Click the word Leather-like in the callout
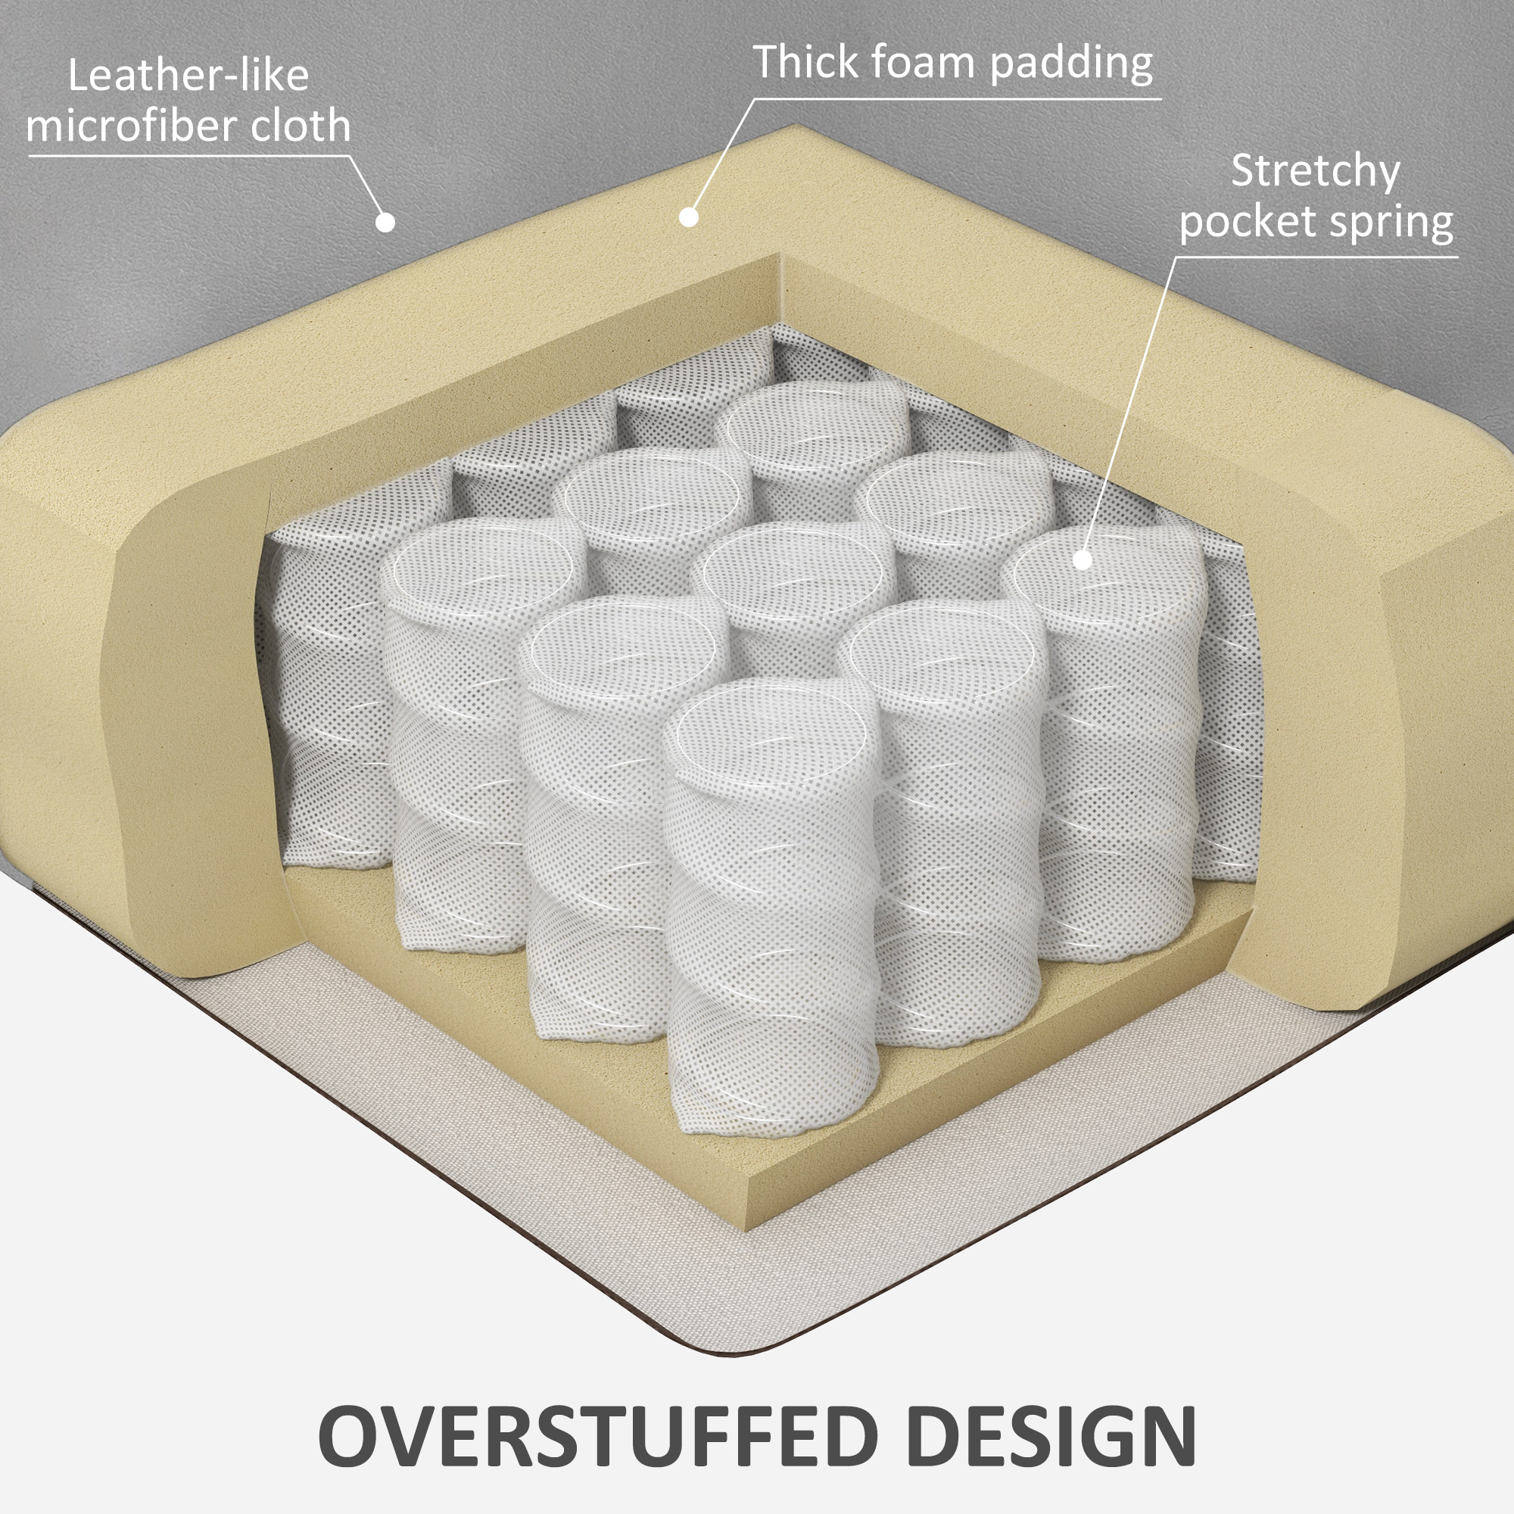(x=188, y=76)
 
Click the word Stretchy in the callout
(x=1315, y=172)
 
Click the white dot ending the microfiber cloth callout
(x=385, y=223)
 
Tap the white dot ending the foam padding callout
(x=689, y=217)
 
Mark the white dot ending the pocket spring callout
(x=1083, y=559)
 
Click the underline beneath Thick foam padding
(x=956, y=99)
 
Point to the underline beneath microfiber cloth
(x=188, y=156)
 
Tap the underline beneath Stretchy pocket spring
(x=1316, y=257)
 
